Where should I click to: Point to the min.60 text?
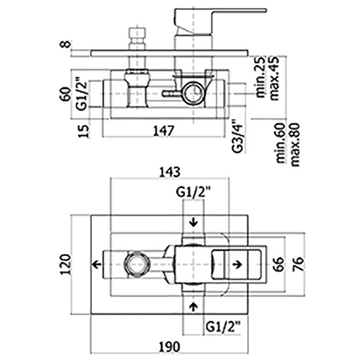(281, 144)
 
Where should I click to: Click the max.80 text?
(295, 144)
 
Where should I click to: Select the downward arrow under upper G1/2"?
(194, 222)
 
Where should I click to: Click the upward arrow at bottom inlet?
(194, 306)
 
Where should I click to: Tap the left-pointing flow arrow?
(96, 264)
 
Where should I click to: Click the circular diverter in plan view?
(136, 264)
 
